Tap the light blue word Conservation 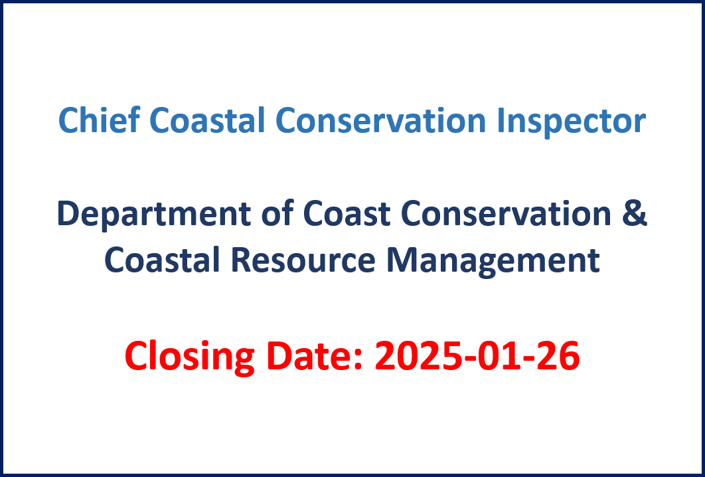[381, 120]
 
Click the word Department [154, 214]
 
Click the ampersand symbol [635, 213]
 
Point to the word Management [493, 261]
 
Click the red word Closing [189, 357]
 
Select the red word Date [315, 355]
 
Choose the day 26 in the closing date [558, 355]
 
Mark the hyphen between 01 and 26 [530, 359]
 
